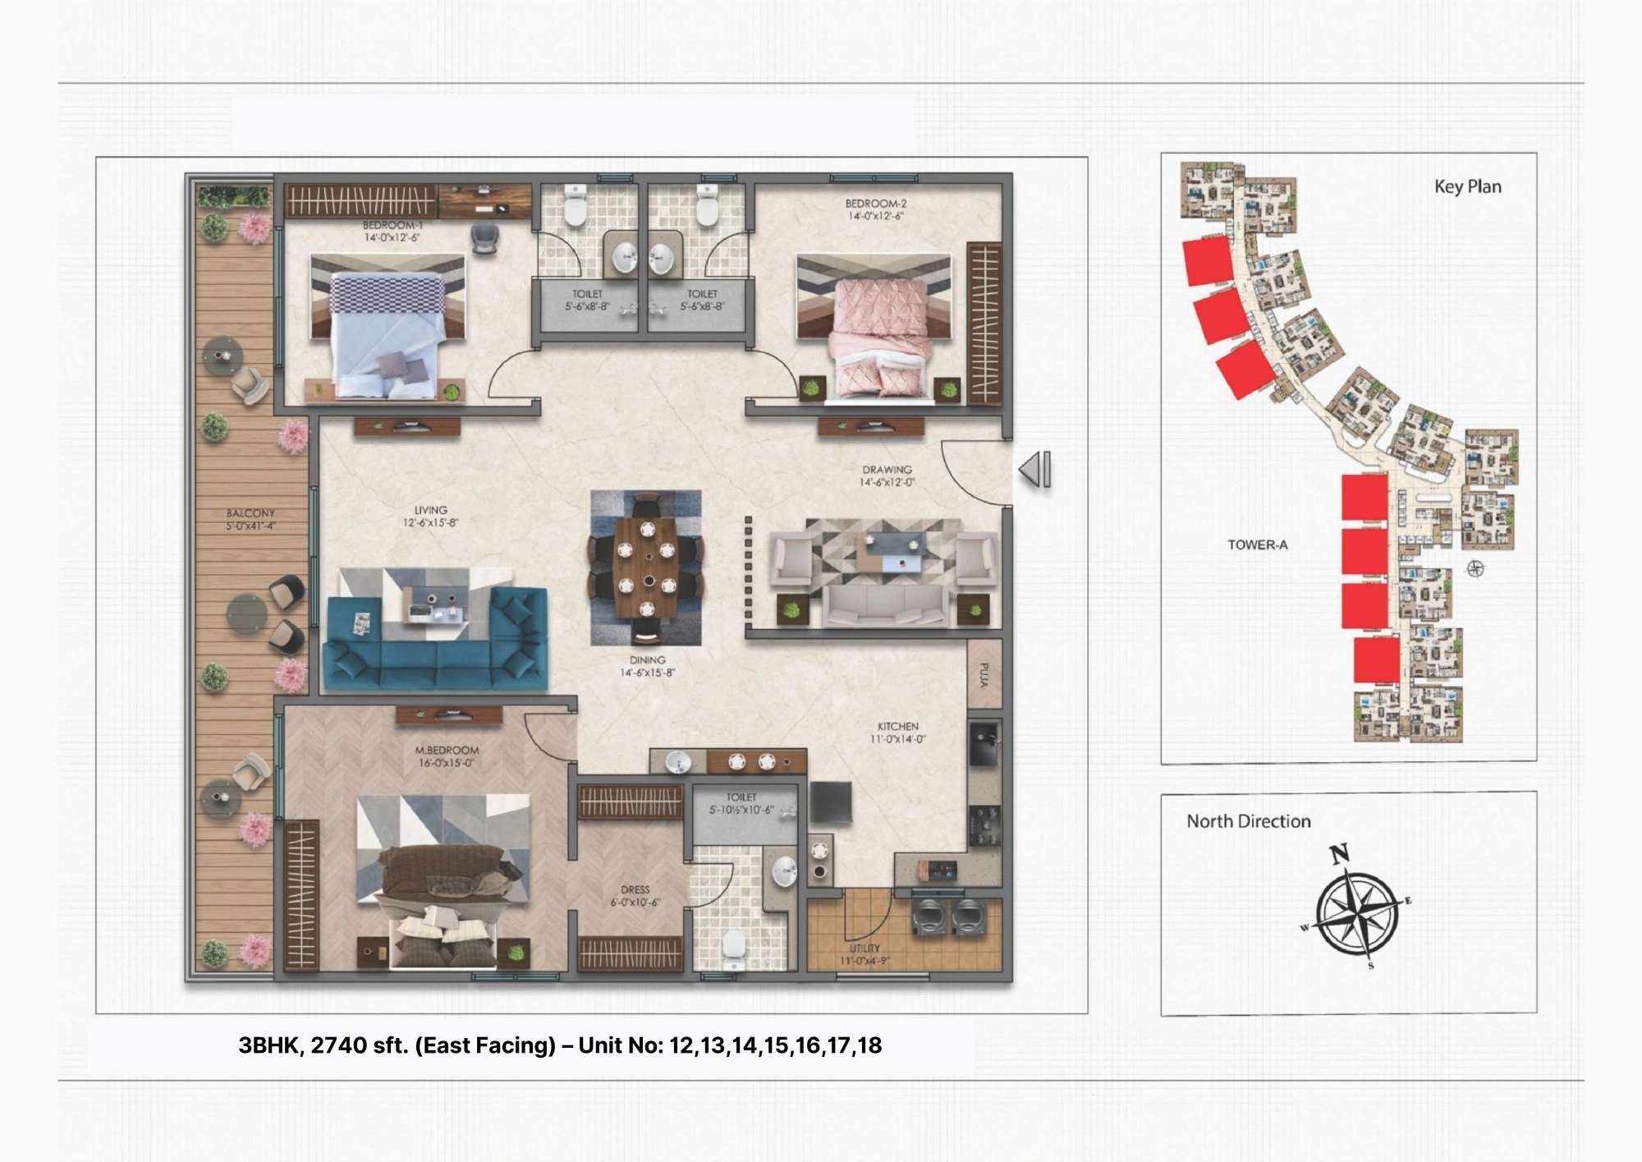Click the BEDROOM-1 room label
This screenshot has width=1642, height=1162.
tap(392, 225)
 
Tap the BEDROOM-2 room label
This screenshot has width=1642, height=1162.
tap(875, 204)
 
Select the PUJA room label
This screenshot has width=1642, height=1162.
tap(984, 675)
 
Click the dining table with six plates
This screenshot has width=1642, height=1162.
tap(646, 567)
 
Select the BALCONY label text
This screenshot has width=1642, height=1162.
tap(250, 513)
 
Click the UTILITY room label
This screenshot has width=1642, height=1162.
tap(865, 948)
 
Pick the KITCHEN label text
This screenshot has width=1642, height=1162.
tap(897, 727)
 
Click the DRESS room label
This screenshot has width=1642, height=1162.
tap(635, 889)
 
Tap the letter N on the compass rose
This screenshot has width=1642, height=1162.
tap(1339, 854)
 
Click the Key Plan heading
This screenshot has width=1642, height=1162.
tap(1467, 187)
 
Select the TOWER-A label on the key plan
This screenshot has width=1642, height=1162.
tap(1257, 544)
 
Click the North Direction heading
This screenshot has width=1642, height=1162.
tap(1248, 821)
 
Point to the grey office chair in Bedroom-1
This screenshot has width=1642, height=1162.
tap(484, 237)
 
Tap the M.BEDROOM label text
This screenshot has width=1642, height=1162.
tap(447, 751)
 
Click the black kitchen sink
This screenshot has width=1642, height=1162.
tap(984, 743)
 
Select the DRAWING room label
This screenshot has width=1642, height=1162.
tap(887, 470)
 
